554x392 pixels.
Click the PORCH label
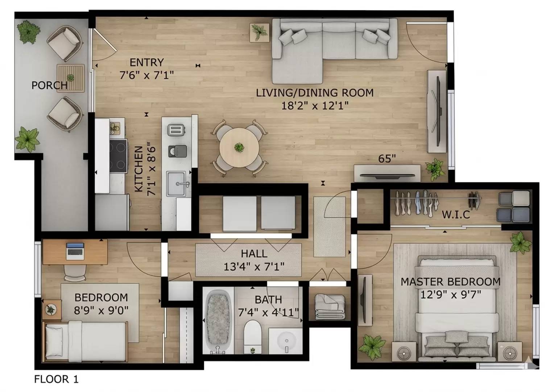(x=49, y=85)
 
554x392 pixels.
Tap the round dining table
(x=239, y=148)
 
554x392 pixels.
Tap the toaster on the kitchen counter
(x=177, y=130)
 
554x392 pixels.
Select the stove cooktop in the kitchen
(x=119, y=156)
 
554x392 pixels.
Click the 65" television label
(x=387, y=159)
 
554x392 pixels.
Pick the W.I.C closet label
(x=456, y=215)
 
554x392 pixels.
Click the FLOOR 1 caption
(x=56, y=379)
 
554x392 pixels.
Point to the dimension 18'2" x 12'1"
(x=315, y=106)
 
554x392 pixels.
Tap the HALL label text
(x=254, y=253)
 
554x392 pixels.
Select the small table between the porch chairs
(x=70, y=78)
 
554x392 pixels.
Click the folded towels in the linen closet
(x=330, y=307)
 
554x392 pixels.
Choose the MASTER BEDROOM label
(x=450, y=282)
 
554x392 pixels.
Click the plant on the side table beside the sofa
(x=260, y=32)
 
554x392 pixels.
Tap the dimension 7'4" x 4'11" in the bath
(x=268, y=312)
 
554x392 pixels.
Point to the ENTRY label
(x=146, y=62)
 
